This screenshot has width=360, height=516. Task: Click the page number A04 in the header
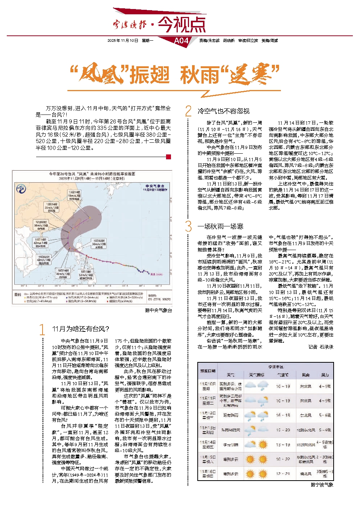181,41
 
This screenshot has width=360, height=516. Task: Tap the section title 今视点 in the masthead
182,24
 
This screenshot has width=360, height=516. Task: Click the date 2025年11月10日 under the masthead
123,41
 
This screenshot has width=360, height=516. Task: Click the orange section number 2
188,111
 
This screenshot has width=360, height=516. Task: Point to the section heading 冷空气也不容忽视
224,111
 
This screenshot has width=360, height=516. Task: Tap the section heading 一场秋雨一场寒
220,226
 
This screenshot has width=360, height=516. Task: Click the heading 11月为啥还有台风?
80,329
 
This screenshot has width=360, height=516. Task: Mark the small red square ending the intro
168,157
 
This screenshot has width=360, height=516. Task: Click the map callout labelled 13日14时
74,195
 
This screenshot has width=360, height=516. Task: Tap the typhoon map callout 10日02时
99,244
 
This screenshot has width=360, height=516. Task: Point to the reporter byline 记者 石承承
321,347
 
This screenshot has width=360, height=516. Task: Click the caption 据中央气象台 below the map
158,310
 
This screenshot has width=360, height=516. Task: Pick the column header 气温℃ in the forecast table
283,375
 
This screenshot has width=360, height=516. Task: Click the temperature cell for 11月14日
283,445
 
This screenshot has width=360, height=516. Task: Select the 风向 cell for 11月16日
305,474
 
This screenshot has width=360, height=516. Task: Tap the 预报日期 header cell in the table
207,371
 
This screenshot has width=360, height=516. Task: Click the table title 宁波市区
276,367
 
